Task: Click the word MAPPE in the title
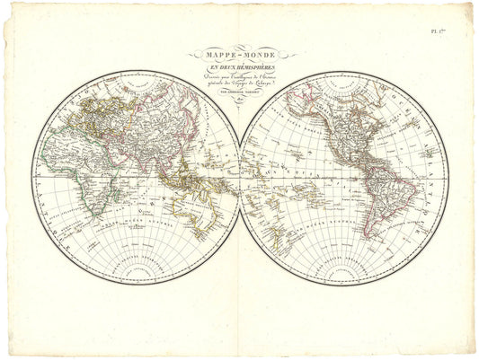point(220,54)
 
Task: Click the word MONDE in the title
point(262,54)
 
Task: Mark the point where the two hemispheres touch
point(240,180)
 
